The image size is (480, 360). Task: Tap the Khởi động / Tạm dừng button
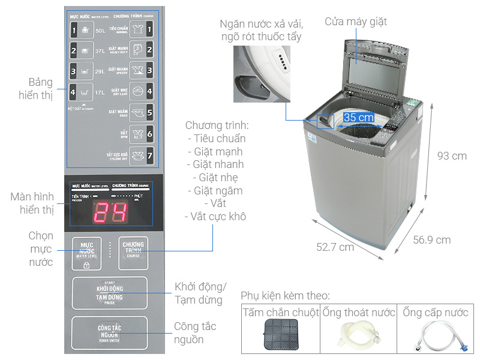click(109, 293)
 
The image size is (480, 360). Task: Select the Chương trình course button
click(133, 252)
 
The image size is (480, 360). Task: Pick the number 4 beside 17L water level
click(73, 92)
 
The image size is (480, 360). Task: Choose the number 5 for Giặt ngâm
click(149, 112)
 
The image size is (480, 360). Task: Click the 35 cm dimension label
click(358, 117)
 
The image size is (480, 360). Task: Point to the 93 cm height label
click(451, 155)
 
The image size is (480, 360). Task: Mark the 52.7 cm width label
click(335, 247)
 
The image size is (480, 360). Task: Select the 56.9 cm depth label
click(431, 240)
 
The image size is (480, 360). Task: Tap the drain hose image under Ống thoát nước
click(359, 337)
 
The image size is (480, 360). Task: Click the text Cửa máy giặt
click(356, 22)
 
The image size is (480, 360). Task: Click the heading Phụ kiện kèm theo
click(285, 296)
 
